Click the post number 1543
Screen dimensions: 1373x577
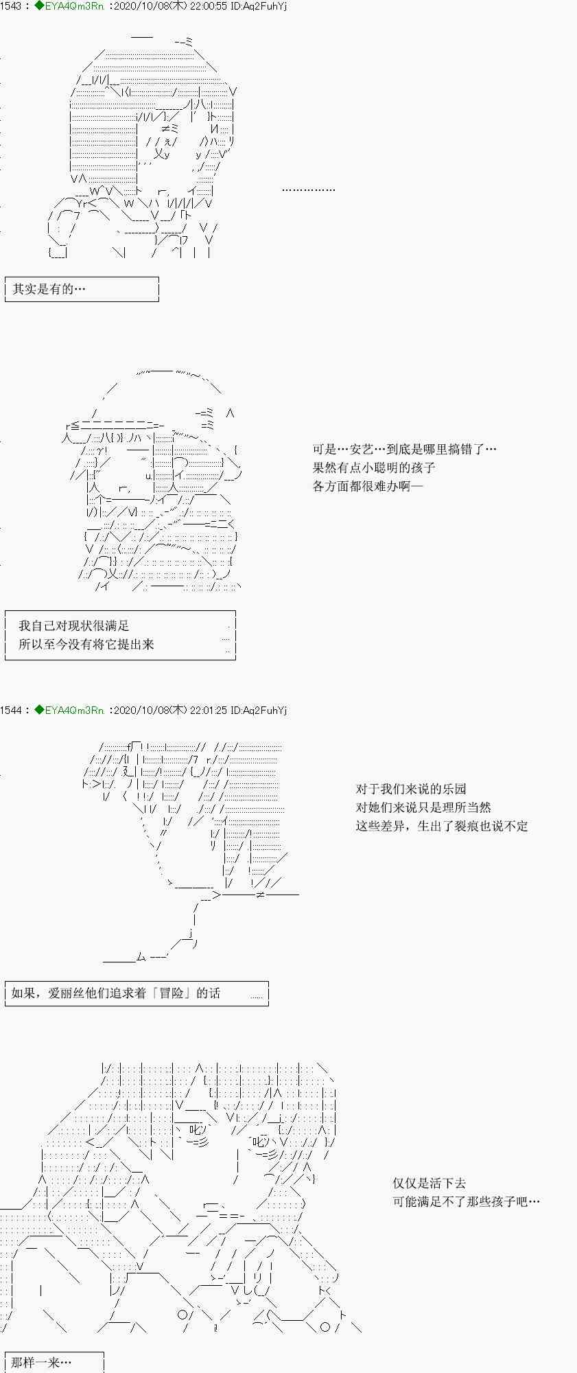[x=12, y=6]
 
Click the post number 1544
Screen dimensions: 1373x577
[x=12, y=710]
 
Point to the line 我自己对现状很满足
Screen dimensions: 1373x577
[x=74, y=625]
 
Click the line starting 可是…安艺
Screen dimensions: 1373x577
[x=404, y=449]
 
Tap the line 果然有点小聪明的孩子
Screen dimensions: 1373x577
[x=374, y=468]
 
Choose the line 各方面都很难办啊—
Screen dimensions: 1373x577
[x=368, y=486]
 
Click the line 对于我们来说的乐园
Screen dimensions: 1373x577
[x=411, y=789]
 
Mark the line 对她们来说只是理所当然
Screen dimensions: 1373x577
[x=423, y=807]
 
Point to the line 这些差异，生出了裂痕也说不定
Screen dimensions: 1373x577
[x=442, y=826]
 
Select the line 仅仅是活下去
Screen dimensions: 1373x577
[x=429, y=1183]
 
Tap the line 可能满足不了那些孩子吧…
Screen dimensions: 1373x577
[x=466, y=1201]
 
